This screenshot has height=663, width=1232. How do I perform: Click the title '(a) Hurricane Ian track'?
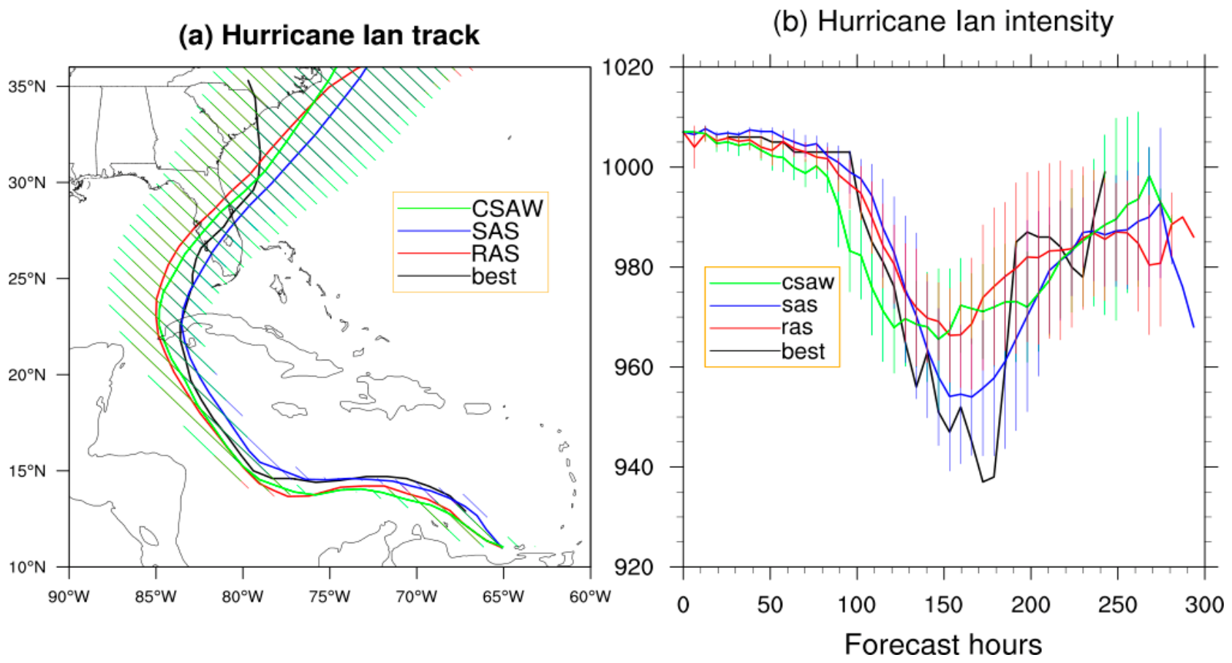tap(329, 36)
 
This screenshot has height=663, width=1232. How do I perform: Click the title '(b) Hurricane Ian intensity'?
tap(943, 23)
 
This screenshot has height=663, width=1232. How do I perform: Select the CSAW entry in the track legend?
tap(507, 208)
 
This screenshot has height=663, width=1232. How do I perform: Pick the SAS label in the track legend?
tap(495, 231)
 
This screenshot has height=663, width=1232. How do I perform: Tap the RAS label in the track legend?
tap(495, 254)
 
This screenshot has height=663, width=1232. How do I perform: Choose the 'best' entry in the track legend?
tap(494, 276)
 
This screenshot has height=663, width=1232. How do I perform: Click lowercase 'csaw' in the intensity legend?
tap(808, 282)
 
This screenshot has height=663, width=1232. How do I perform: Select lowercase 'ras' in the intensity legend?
tap(797, 327)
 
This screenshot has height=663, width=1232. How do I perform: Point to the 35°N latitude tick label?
tap(27, 86)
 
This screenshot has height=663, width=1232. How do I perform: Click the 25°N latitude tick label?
tap(27, 279)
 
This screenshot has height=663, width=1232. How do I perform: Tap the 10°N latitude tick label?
tap(27, 567)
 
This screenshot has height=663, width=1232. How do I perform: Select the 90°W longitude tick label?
tap(69, 596)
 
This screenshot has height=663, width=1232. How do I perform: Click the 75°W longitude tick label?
tap(330, 596)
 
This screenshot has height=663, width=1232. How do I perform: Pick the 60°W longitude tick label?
tap(590, 596)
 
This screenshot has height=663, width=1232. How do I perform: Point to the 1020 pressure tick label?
tap(628, 68)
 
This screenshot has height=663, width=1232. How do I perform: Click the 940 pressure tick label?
tap(634, 467)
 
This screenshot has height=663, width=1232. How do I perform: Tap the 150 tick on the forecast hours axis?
tap(944, 605)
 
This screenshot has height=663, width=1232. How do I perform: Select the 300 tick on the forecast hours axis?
tap(1204, 605)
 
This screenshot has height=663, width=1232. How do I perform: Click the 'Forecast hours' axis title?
tap(943, 644)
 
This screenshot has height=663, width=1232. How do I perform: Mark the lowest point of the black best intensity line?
tap(983, 482)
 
